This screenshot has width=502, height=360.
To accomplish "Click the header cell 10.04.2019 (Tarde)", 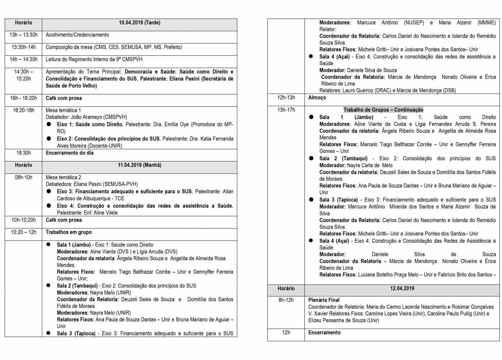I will [139, 23].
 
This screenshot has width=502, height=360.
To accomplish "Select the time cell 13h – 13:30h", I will [24, 35].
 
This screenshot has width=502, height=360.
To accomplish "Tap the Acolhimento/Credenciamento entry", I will [77, 35].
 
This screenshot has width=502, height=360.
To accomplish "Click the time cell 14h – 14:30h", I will [24, 59].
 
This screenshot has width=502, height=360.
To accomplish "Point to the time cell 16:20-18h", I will [24, 110].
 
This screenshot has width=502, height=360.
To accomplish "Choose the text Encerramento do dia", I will [70, 153].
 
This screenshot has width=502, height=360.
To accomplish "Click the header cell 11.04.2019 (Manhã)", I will [139, 165].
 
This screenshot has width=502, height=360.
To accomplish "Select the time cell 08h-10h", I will [24, 177].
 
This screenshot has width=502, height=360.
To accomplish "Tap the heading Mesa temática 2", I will [63, 177].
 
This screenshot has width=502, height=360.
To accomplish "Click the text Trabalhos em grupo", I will [69, 232].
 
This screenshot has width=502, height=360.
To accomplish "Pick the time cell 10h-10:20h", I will [24, 220].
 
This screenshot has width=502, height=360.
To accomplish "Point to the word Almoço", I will [317, 98].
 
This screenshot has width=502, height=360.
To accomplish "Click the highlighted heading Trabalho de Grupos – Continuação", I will [383, 110].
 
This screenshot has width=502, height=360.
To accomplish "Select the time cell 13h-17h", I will [286, 110].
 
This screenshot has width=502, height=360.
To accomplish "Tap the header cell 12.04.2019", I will [402, 289].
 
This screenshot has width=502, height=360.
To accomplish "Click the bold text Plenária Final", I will [324, 300].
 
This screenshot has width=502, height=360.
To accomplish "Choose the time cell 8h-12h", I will [286, 300].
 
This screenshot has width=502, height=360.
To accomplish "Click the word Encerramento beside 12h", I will [324, 333].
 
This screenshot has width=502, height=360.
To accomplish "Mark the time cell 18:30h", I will [24, 153].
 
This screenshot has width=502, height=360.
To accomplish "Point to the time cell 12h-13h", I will [286, 98].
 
